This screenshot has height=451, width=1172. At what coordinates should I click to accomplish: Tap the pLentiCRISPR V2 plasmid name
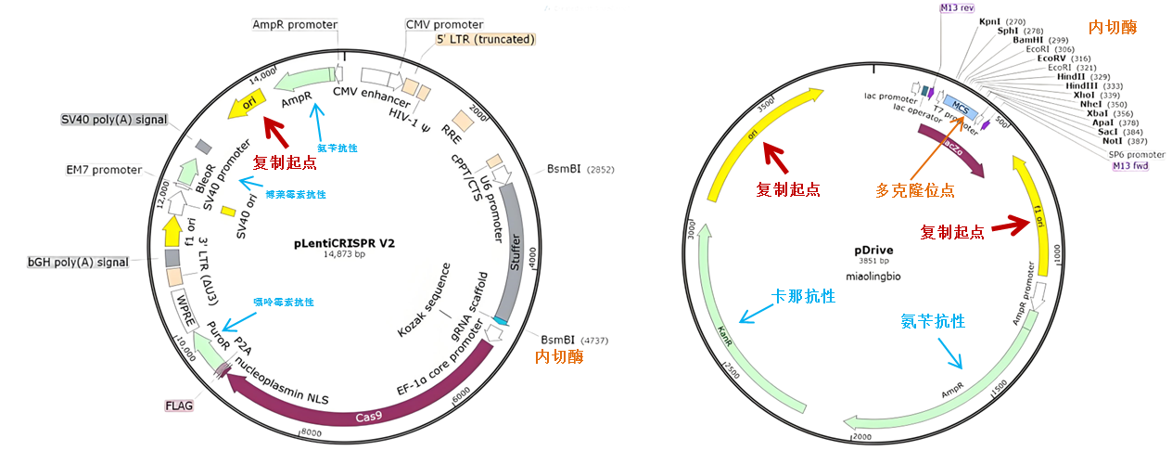coord(345,243)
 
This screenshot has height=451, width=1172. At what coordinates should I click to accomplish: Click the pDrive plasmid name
coord(872,251)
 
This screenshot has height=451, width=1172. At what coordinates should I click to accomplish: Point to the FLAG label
coord(178,406)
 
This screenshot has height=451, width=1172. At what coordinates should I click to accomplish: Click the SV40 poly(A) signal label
coord(114,120)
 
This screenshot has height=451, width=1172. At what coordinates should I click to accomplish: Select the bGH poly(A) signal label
coord(78,262)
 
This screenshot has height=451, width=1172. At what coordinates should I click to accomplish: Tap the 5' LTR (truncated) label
coord(486,39)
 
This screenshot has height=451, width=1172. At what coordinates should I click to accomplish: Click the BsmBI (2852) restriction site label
coord(581,170)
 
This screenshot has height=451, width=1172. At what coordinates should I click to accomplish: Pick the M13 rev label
coord(957,7)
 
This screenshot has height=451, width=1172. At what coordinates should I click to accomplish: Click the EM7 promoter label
coord(104,170)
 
